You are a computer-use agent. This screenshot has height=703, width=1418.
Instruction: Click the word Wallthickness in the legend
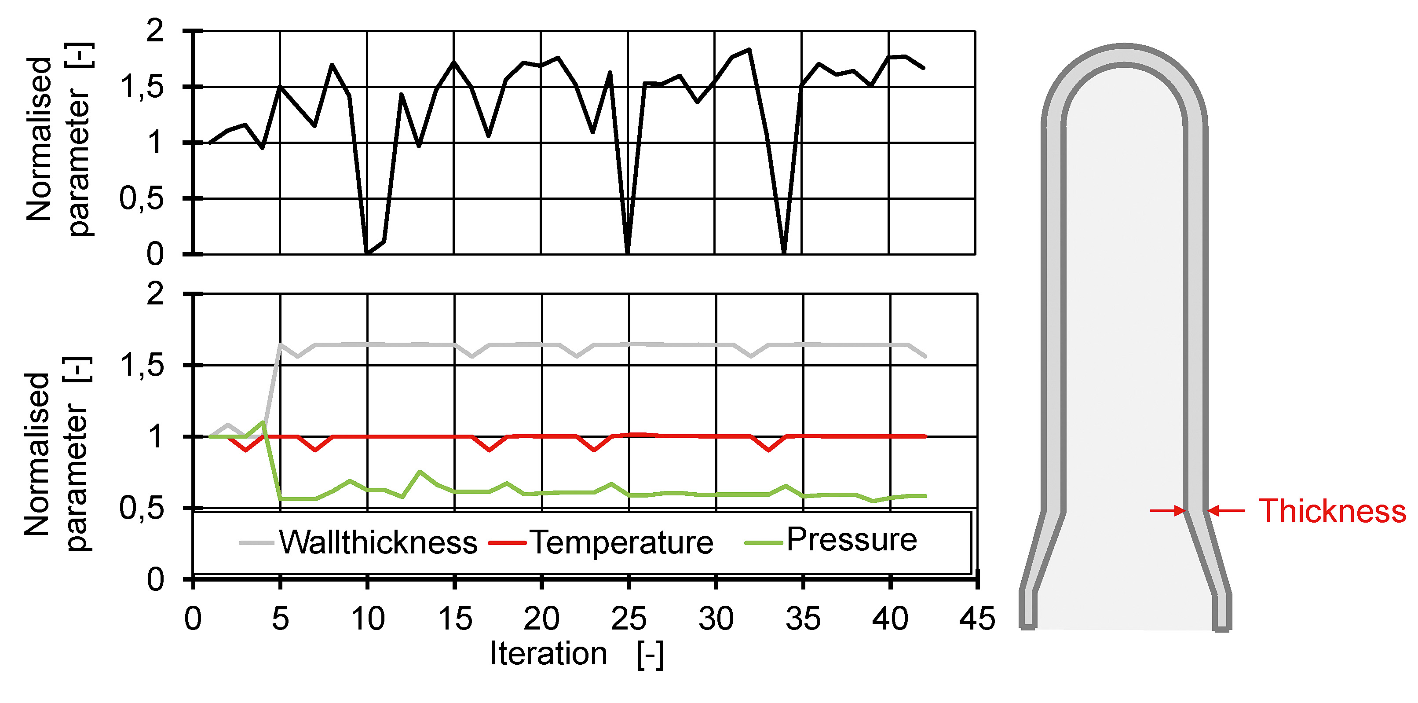click(378, 542)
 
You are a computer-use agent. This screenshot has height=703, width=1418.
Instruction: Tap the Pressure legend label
click(852, 539)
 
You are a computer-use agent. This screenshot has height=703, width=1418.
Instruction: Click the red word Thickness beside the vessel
click(1332, 511)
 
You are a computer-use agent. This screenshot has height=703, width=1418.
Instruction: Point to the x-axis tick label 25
click(628, 619)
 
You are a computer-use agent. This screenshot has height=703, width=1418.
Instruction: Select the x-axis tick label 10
click(368, 619)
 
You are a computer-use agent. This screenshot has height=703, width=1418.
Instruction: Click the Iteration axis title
click(548, 654)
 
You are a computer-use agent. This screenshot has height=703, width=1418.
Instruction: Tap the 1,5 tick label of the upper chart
click(143, 87)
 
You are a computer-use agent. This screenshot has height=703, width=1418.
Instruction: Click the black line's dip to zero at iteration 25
click(628, 252)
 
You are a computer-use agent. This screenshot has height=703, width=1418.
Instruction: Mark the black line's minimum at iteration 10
click(367, 252)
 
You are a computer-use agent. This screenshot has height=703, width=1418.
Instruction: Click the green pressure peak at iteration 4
click(263, 422)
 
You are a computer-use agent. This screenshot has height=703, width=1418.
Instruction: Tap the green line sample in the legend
click(764, 543)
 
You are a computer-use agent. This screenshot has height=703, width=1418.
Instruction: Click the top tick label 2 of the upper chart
click(155, 31)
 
